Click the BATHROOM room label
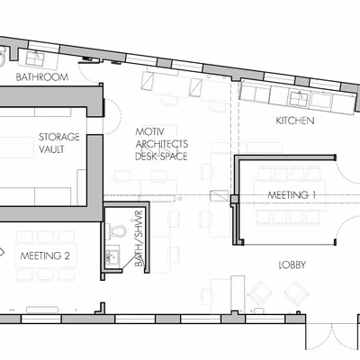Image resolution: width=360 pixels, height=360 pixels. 42,77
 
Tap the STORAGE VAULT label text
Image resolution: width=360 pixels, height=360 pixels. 59,143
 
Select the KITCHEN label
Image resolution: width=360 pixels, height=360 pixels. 295,121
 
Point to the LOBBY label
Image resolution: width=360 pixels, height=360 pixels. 292,265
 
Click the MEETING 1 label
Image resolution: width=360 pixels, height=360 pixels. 292,195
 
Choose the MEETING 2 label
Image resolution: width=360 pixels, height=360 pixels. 45,256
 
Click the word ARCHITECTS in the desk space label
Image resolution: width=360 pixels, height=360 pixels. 162,144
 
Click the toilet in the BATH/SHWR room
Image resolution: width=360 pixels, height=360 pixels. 117,231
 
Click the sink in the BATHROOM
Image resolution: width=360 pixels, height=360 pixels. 35,58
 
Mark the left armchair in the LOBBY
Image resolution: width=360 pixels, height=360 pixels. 260,292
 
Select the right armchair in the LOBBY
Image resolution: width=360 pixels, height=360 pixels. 296,292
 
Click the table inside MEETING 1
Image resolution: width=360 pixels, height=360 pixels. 290,195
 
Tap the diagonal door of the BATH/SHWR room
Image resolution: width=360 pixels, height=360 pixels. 130,262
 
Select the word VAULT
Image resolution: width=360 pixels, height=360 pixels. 51,149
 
